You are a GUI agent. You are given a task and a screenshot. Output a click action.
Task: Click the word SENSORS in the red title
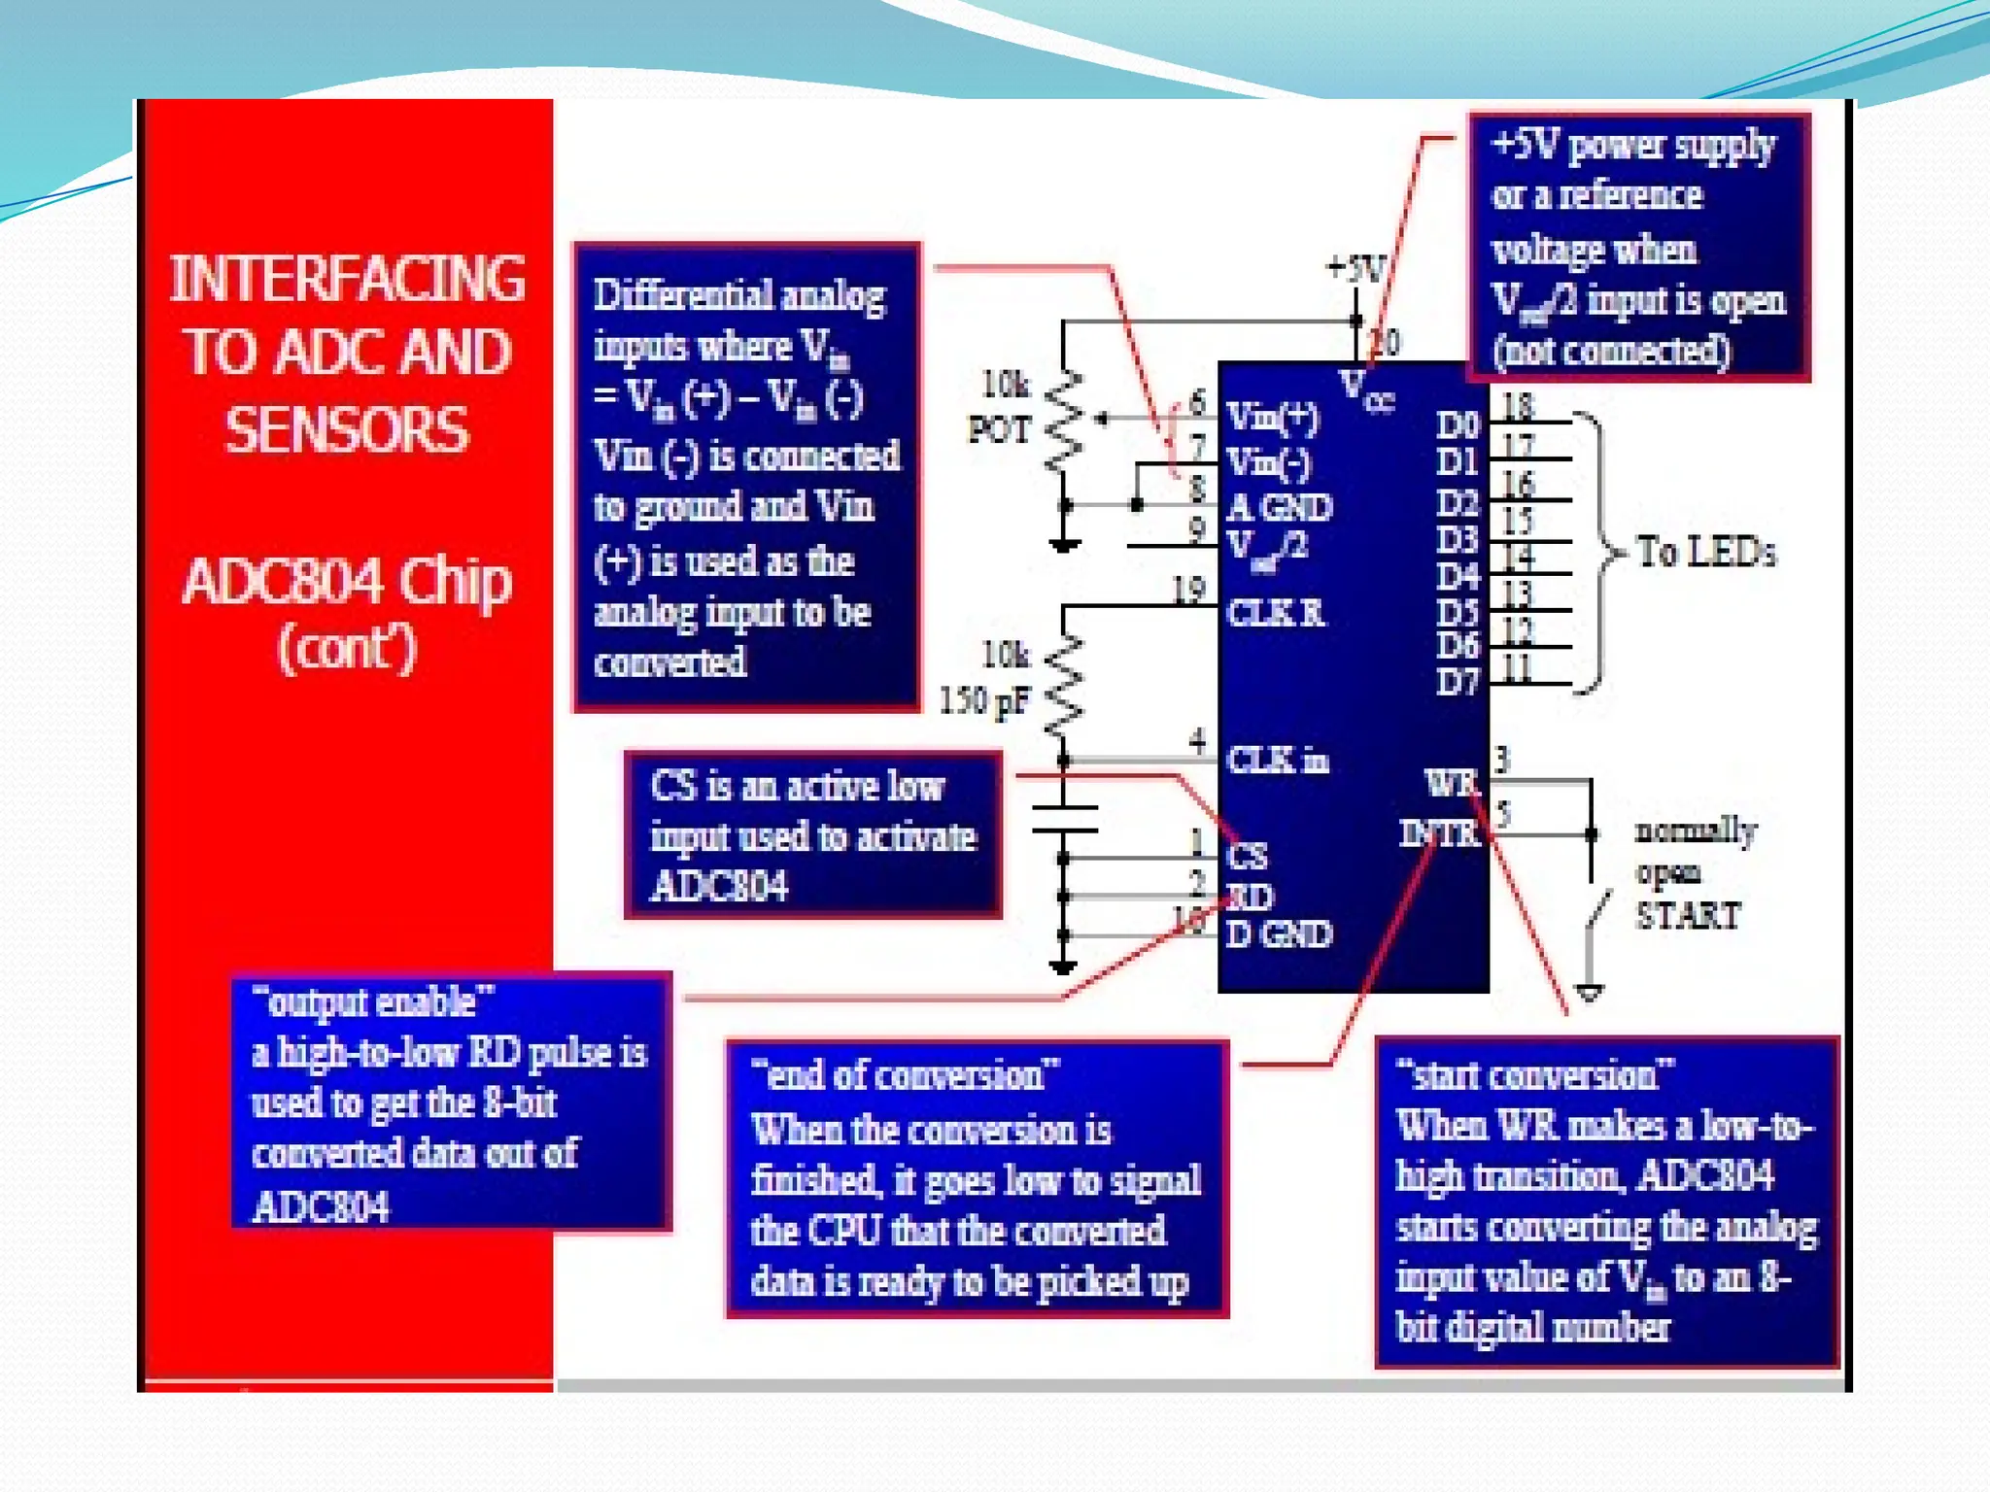click(x=347, y=430)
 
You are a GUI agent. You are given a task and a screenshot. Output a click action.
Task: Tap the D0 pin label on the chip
click(x=1458, y=424)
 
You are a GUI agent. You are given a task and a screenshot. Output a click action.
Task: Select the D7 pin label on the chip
click(x=1458, y=681)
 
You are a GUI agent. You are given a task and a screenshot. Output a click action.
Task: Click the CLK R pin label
click(x=1275, y=613)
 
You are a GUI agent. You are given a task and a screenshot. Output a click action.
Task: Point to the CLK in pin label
click(x=1277, y=760)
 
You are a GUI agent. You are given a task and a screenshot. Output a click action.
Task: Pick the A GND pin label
click(x=1279, y=507)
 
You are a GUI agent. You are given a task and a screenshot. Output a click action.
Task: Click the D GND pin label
click(x=1278, y=934)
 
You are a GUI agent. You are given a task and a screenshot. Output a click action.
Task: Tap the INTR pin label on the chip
click(x=1439, y=832)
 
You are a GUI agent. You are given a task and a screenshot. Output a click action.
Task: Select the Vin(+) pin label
click(x=1272, y=417)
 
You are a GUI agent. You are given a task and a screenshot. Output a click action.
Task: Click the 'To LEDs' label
click(x=1706, y=552)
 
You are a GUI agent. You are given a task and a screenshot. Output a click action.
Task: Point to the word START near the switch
click(x=1688, y=915)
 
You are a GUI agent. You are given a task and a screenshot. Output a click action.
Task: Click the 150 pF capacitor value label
click(x=983, y=699)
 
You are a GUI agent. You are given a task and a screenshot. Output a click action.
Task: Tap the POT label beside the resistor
click(x=999, y=429)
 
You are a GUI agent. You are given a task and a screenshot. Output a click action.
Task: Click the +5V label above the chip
click(x=1355, y=269)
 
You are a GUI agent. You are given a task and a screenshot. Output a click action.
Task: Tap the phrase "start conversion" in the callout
click(x=1535, y=1075)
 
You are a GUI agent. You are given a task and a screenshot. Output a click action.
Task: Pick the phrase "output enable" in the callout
click(x=373, y=1001)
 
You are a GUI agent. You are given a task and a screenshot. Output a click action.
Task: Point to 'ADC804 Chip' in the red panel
click(x=347, y=583)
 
